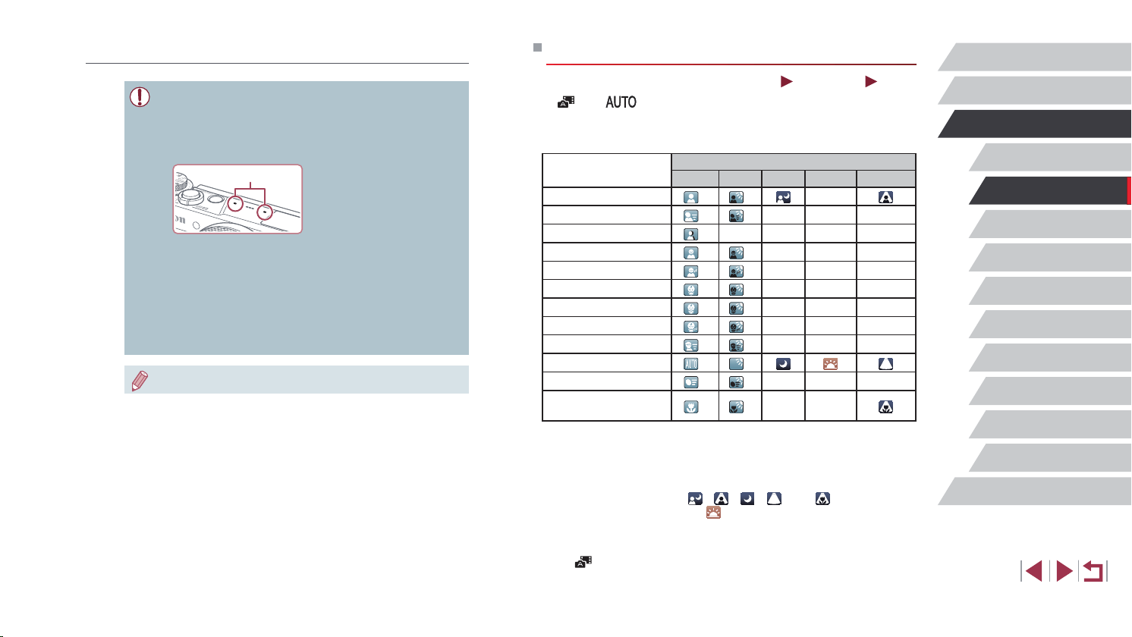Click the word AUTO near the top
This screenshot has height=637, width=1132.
click(x=621, y=102)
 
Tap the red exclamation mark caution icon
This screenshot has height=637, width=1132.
click(x=140, y=97)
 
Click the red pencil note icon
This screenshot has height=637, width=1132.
click(x=140, y=381)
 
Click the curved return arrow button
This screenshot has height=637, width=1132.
click(x=1093, y=571)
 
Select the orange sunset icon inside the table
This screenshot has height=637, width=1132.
click(x=830, y=364)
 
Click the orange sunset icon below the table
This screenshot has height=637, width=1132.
click(x=713, y=512)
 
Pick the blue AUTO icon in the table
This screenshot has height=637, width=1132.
click(x=691, y=364)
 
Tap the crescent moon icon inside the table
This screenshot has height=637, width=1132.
click(x=783, y=364)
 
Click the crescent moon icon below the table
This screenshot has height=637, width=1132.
click(x=747, y=498)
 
